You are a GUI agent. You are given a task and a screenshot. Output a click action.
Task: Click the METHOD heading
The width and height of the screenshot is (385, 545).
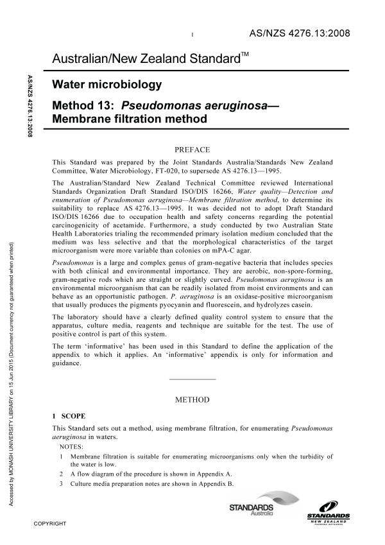pyautogui.click(x=193, y=400)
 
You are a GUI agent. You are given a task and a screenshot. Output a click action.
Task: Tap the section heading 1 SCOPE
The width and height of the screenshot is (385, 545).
pyautogui.click(x=71, y=415)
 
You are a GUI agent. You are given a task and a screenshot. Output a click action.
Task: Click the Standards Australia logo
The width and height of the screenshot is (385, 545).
pyautogui.click(x=252, y=510)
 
